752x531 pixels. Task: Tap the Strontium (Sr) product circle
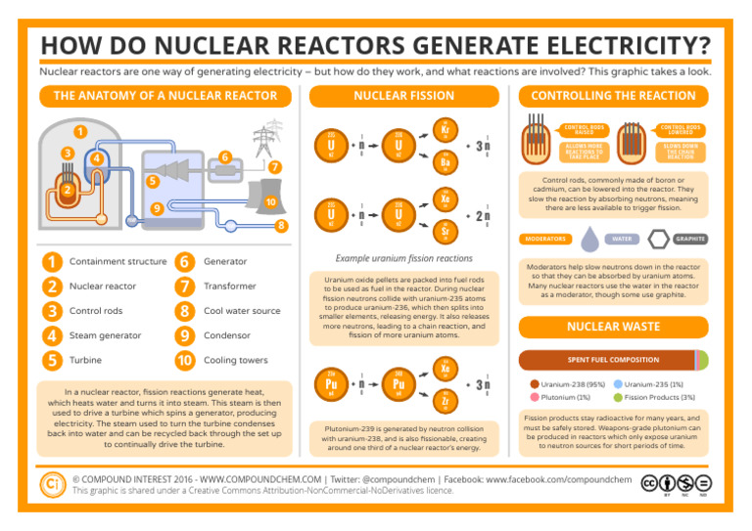446,231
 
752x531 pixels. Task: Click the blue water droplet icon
589,239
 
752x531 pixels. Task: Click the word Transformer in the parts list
229,287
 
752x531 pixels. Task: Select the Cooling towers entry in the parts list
236,361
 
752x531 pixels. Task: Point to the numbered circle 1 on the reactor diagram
78,130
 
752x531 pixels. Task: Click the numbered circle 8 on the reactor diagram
281,227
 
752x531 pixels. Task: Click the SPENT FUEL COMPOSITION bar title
615,360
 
